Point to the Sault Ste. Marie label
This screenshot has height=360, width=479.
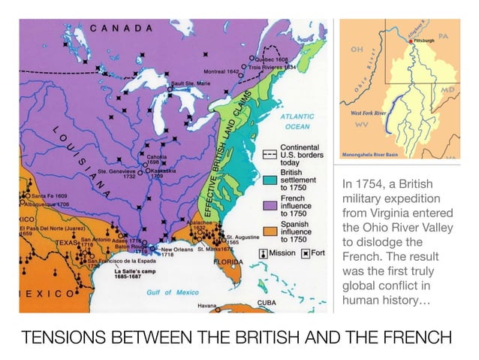point(193,83)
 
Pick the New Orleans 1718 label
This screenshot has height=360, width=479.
point(177,252)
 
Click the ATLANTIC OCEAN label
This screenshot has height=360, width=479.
point(298,122)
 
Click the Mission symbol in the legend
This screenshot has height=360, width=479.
point(263,253)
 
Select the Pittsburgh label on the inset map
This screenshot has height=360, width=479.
point(423,41)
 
